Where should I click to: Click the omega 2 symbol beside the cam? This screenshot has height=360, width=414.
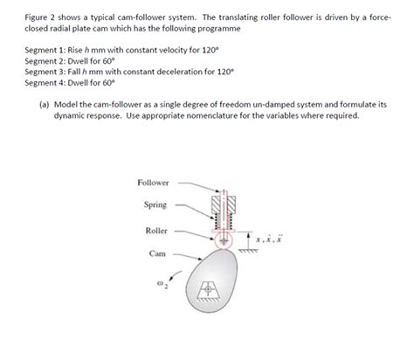pyautogui.click(x=159, y=284)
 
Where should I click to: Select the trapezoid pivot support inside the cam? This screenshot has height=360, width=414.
pyautogui.click(x=210, y=288)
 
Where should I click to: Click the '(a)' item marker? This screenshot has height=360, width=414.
pyautogui.click(x=44, y=104)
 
